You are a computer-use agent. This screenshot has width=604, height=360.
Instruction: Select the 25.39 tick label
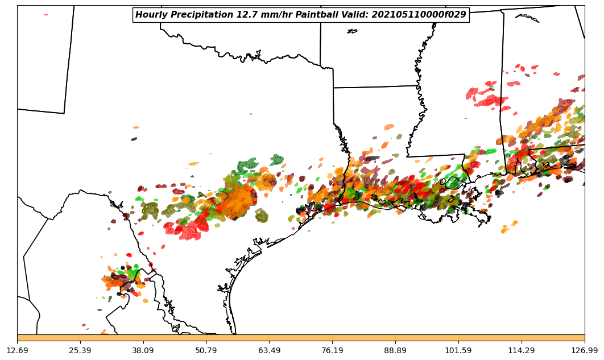coord(80,350)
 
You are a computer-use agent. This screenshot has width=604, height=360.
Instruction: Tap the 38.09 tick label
coord(143,350)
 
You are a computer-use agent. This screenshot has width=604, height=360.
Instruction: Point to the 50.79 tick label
coord(206,350)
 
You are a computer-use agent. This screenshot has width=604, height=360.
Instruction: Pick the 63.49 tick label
coord(269,350)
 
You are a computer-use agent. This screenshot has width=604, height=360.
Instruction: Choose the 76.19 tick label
coord(332,350)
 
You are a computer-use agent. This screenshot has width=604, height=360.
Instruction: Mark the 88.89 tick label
coord(395,350)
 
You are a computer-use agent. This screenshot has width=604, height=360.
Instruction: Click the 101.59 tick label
coord(458,350)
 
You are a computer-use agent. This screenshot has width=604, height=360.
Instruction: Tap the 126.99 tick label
coord(584,350)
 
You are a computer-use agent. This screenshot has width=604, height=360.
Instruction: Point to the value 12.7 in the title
coord(241,15)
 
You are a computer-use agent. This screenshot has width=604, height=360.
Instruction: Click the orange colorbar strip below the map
coord(301,338)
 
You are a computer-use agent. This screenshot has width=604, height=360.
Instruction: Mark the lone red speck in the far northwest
coord(46,15)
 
